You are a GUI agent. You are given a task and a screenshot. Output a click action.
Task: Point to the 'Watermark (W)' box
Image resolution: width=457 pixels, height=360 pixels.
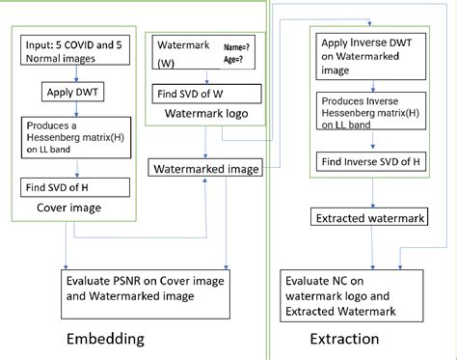180,54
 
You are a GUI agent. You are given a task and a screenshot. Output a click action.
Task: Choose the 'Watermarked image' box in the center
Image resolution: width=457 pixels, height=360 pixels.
205,169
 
